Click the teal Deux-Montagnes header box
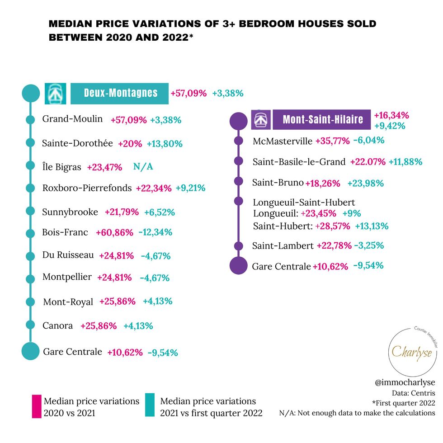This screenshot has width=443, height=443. pos(120,93)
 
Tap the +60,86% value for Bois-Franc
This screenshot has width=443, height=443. pos(114,233)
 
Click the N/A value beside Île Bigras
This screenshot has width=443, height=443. pos(143,167)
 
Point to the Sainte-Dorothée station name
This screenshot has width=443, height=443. pos(77,143)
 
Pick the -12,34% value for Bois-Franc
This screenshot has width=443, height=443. pos(155,233)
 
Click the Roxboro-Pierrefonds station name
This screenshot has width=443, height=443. pos(87,188)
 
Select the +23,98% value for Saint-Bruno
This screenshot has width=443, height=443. pos(365,183)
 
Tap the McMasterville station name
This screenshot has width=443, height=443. pos(283,141)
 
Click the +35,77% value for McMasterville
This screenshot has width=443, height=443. pos(332,141)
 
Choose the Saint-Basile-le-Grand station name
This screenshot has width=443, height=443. pos(299,162)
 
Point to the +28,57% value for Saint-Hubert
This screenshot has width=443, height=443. pos(335,226)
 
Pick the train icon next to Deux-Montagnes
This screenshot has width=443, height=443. pos(55,94)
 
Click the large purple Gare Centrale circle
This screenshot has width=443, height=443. pos(239,265)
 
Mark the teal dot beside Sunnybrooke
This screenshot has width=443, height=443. pos(30,211)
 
